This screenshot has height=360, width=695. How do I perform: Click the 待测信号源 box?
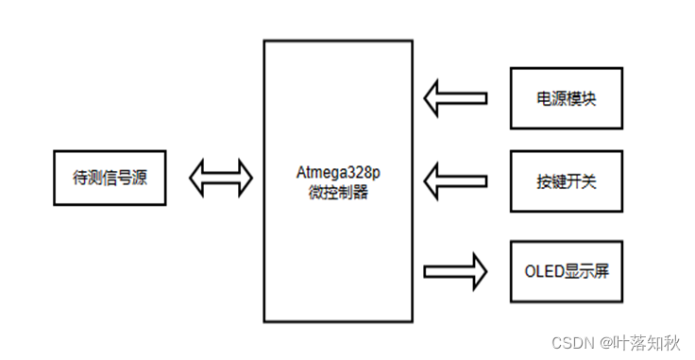[x=109, y=176]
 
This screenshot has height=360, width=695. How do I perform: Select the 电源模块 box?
[x=567, y=97]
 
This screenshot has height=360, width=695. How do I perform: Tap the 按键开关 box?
[x=567, y=177]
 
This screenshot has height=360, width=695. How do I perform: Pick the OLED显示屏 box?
[x=567, y=271]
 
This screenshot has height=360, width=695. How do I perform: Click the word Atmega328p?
[x=338, y=173]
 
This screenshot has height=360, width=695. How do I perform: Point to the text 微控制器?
[x=338, y=192]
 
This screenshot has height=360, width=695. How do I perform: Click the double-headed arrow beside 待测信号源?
[x=222, y=176]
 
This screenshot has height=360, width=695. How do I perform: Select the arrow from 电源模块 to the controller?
[x=455, y=97]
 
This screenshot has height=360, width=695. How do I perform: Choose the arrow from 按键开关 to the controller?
[x=455, y=177]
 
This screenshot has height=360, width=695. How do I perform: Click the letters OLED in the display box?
[x=541, y=272]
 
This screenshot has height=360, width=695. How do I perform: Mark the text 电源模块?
[x=567, y=97]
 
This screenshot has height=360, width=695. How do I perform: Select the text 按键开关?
[x=567, y=177]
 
